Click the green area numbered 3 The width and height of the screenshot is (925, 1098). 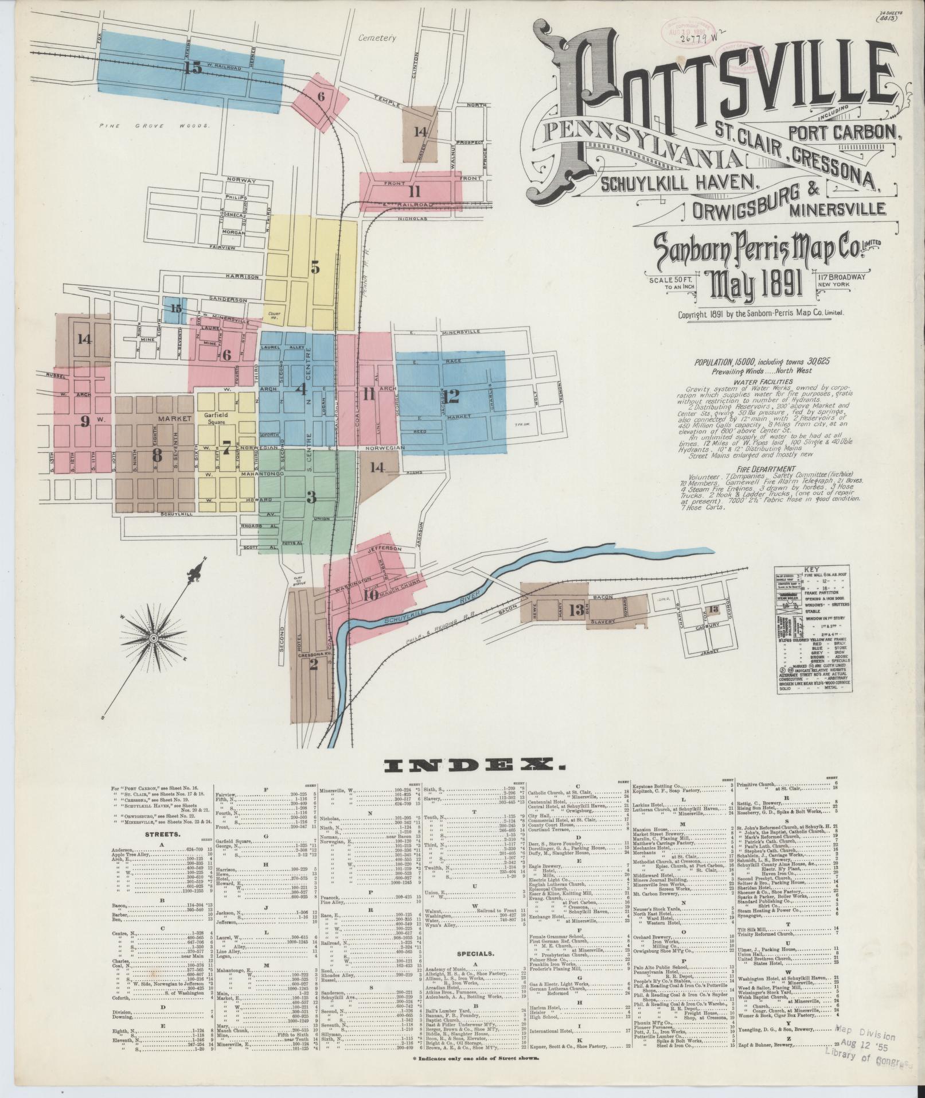(310, 497)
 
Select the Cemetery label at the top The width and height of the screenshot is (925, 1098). (377, 38)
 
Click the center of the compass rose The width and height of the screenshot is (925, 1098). (153, 638)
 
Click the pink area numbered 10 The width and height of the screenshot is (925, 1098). (370, 595)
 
